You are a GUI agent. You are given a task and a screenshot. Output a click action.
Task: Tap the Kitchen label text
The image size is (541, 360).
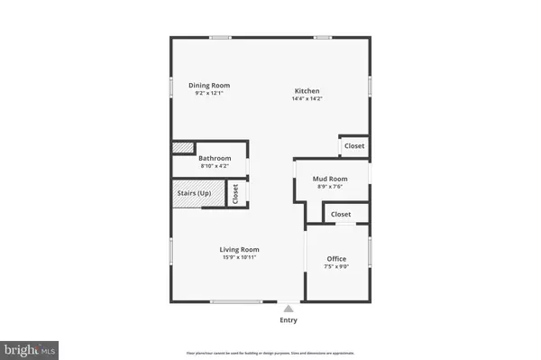pyautogui.click(x=307, y=91)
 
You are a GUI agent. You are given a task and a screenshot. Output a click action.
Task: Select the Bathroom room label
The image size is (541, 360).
pyautogui.click(x=215, y=158)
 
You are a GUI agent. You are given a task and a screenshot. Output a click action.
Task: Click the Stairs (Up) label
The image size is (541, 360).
pyautogui.click(x=193, y=193)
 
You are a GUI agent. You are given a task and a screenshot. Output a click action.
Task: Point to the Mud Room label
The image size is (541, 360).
pyautogui.click(x=330, y=179)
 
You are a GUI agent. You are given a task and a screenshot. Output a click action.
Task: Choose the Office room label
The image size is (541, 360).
pyautogui.click(x=336, y=259)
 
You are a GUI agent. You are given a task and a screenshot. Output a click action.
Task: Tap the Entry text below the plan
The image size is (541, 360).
pyautogui.click(x=289, y=319)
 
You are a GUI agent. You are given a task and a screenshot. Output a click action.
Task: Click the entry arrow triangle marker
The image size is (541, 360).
pyautogui.click(x=289, y=307)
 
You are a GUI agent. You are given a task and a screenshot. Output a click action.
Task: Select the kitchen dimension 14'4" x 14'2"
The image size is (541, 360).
pyautogui.click(x=307, y=99)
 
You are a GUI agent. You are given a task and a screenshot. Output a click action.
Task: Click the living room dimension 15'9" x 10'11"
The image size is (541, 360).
pyautogui.click(x=240, y=257)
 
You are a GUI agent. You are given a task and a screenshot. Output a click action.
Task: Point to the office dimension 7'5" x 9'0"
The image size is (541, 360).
pyautogui.click(x=336, y=267)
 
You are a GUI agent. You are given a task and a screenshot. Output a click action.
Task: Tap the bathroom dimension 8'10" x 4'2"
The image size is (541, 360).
pyautogui.click(x=215, y=166)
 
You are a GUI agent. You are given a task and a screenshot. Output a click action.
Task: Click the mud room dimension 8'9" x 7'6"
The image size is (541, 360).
pyautogui.click(x=330, y=187)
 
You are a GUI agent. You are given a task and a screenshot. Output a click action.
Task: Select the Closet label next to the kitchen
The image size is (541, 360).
pyautogui.click(x=354, y=145)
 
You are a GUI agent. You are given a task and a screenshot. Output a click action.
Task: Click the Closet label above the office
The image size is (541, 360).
pyautogui.click(x=341, y=214)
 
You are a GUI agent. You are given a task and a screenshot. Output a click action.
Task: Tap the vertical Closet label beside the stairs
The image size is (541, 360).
pyautogui.click(x=235, y=193)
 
